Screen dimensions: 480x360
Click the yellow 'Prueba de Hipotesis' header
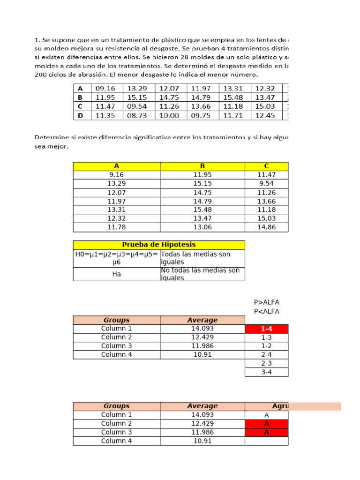pyautogui.click(x=159, y=245)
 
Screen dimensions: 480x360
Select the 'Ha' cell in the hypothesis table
pyautogui.click(x=117, y=274)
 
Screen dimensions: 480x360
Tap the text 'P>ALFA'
pyautogui.click(x=266, y=302)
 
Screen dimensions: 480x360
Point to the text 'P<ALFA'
pyautogui.click(x=266, y=311)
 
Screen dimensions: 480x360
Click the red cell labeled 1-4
pyautogui.click(x=266, y=329)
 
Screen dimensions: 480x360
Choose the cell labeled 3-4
pyautogui.click(x=266, y=372)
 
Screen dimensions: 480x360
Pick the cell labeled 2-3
pyautogui.click(x=266, y=363)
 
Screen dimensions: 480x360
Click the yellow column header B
pyautogui.click(x=202, y=166)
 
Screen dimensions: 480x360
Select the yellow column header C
pyautogui.click(x=266, y=166)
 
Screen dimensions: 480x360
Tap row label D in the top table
pyautogui.click(x=80, y=115)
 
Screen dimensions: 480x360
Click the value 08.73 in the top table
pyautogui.click(x=137, y=115)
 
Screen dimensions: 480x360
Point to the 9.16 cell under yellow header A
pyautogui.click(x=117, y=175)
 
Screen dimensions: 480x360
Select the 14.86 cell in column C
pyautogui.click(x=266, y=227)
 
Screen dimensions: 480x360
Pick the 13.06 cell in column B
pyautogui.click(x=202, y=227)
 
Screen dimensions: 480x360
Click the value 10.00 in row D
pyautogui.click(x=169, y=115)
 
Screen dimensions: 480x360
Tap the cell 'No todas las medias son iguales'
pyautogui.click(x=202, y=274)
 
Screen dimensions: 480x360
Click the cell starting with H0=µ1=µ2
pyautogui.click(x=117, y=258)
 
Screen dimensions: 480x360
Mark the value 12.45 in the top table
pyautogui.click(x=265, y=115)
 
